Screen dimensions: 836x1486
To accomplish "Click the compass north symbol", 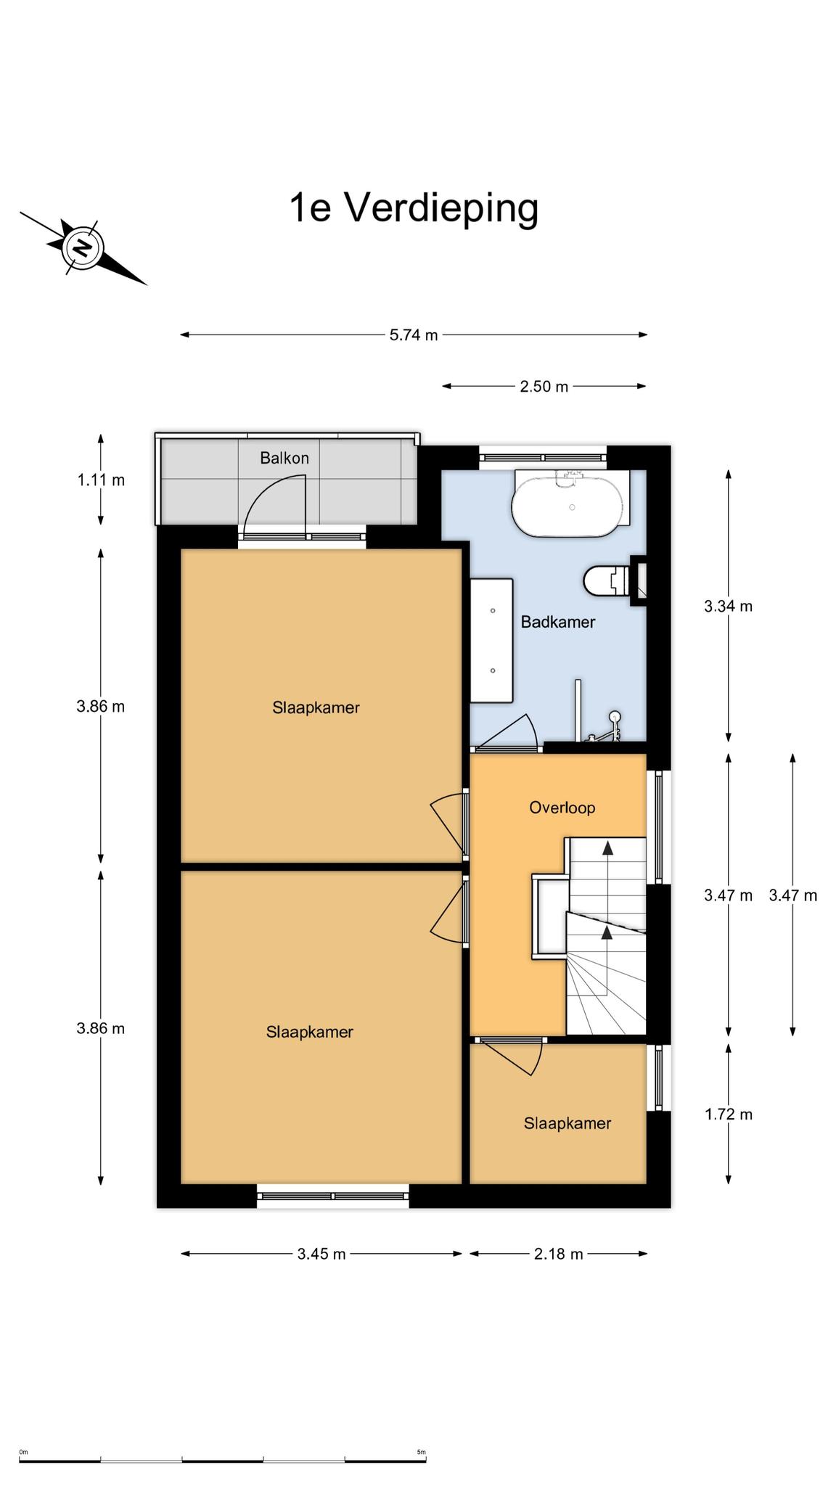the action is pyautogui.click(x=83, y=248).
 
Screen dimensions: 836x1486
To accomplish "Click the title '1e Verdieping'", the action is pyautogui.click(x=414, y=208).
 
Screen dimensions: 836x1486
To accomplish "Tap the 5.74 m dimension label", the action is pyautogui.click(x=414, y=335).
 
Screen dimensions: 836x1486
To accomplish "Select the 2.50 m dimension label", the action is pyautogui.click(x=544, y=387).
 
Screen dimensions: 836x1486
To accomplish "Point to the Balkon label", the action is pyautogui.click(x=284, y=458).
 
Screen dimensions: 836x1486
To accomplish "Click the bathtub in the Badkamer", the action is pyautogui.click(x=571, y=504).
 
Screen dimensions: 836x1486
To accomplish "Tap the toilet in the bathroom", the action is pyautogui.click(x=608, y=580).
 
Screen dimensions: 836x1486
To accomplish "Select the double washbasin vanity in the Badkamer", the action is pyautogui.click(x=491, y=640).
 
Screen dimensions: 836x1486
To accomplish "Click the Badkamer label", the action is pyautogui.click(x=558, y=622).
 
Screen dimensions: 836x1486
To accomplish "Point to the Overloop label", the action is pyautogui.click(x=562, y=808).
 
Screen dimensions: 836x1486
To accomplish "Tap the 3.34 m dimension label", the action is pyautogui.click(x=728, y=606).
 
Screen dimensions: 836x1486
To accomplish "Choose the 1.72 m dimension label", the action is pyautogui.click(x=728, y=1114).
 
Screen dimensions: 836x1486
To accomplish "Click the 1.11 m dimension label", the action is pyautogui.click(x=101, y=480).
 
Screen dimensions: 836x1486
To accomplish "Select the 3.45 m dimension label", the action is pyautogui.click(x=321, y=1254).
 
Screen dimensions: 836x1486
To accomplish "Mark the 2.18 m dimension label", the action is pyautogui.click(x=558, y=1254).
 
